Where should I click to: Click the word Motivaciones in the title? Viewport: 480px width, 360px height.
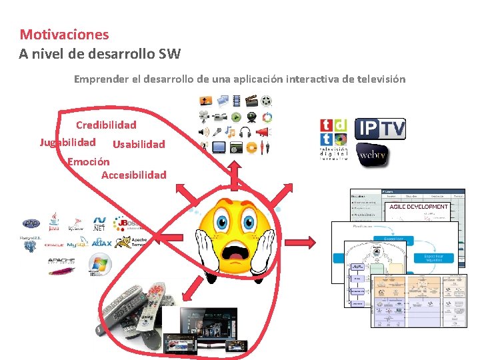64,34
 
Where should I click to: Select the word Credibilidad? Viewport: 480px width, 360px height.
106,125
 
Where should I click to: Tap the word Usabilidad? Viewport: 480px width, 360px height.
139,144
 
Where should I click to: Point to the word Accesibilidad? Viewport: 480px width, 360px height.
133,175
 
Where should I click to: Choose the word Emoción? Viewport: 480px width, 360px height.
89,161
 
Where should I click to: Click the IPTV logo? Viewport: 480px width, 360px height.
380,129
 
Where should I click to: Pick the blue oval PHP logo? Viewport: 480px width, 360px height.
31,224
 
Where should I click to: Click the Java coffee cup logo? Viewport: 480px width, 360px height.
54,222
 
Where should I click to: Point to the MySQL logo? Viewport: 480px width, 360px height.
77,243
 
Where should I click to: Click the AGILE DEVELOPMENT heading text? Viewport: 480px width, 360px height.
419,207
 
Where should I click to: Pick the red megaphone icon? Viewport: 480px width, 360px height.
265,132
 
